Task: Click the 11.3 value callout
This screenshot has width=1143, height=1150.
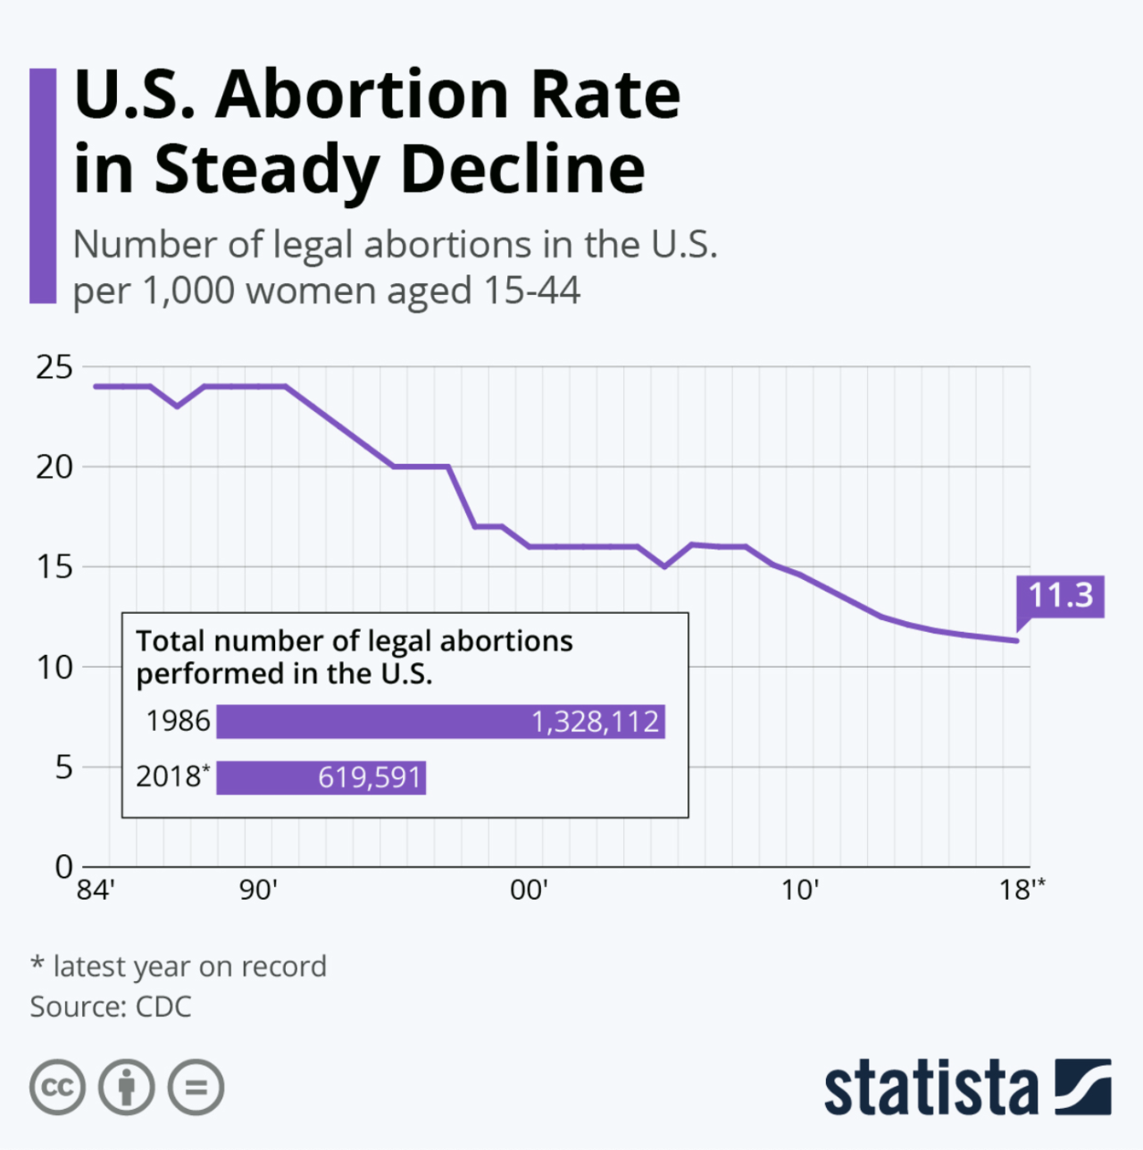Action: click(x=1060, y=595)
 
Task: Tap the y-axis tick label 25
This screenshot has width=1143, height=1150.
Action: click(x=54, y=366)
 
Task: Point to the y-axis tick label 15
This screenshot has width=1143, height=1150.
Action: click(x=54, y=567)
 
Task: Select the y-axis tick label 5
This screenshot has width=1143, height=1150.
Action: click(x=63, y=767)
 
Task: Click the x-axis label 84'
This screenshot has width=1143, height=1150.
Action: click(x=96, y=890)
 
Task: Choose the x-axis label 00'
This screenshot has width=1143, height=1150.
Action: click(x=529, y=890)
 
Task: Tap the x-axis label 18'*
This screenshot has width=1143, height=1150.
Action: click(x=1022, y=890)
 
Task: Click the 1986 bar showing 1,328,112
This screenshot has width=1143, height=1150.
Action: click(x=440, y=721)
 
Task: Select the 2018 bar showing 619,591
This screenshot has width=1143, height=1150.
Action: click(x=321, y=777)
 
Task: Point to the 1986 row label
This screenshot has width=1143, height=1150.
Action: click(x=178, y=721)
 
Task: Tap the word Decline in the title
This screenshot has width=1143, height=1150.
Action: click(x=522, y=169)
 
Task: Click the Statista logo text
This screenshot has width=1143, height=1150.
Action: click(x=930, y=1087)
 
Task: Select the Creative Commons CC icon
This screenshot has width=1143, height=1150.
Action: click(x=57, y=1087)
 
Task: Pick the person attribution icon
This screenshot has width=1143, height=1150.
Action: click(x=127, y=1087)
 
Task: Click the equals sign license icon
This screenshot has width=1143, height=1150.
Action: click(x=196, y=1087)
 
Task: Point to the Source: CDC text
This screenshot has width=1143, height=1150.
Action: click(x=111, y=1007)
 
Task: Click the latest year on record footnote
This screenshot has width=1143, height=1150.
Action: click(x=179, y=966)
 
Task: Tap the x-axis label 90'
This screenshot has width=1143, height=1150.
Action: click(x=259, y=890)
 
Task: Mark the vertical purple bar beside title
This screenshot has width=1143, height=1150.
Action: click(x=43, y=186)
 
